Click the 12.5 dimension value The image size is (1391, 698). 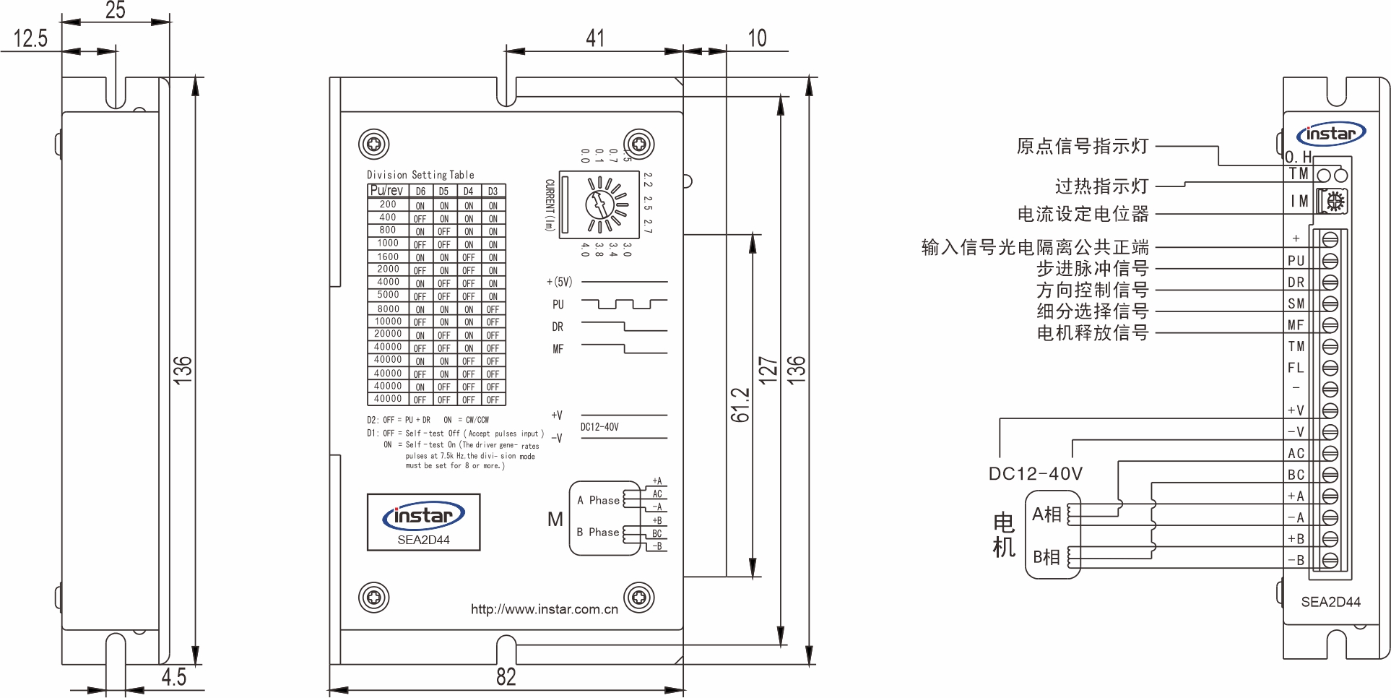coord(30,38)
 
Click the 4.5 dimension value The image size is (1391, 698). coord(173,676)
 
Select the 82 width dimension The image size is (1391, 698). coord(506,676)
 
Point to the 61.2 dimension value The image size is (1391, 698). coord(740,405)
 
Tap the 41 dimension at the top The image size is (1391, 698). coord(595,38)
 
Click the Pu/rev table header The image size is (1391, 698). coord(386,191)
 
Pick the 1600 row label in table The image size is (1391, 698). coord(388,257)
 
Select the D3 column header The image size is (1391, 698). coord(493,191)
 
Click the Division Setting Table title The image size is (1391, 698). coord(420,175)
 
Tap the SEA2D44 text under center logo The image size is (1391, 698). coord(423,540)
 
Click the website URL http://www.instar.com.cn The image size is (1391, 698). coord(544,609)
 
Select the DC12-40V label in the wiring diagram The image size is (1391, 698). coord(1035,474)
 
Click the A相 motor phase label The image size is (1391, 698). coord(1046,514)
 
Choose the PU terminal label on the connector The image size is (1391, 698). coord(1296,261)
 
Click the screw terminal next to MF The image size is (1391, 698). coord(1330,325)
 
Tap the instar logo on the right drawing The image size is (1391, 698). coord(1330,134)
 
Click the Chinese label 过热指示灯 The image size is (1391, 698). coord(1101,186)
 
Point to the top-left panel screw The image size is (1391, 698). coord(374,145)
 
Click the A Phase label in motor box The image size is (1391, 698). coord(598,500)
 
